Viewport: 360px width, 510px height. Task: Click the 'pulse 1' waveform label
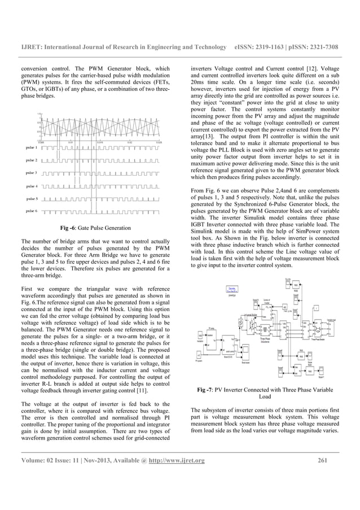pos(29,147)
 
